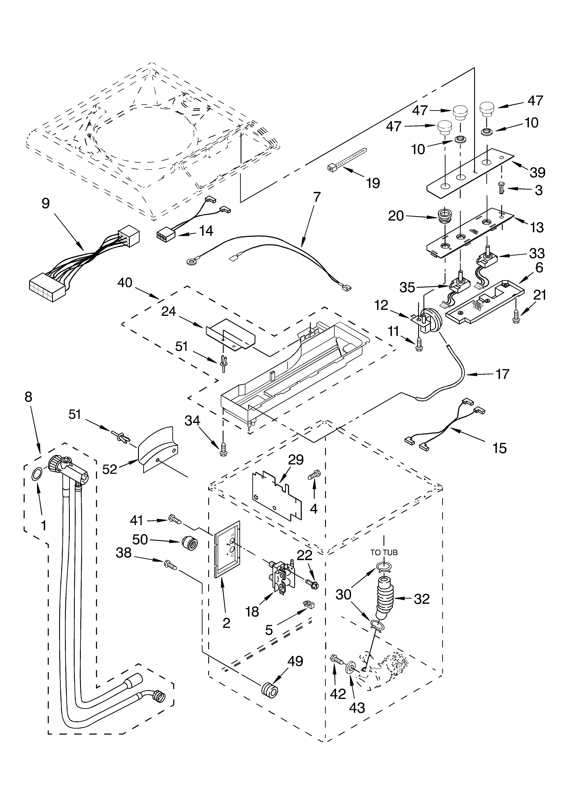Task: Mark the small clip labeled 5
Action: (309, 604)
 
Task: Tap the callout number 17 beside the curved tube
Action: (503, 374)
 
